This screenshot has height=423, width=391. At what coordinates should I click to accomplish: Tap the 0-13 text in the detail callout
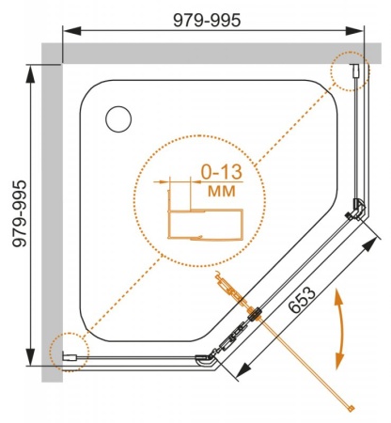222,172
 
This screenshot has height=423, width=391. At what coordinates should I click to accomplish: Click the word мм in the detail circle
222,191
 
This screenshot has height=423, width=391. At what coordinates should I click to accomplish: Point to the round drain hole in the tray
118,119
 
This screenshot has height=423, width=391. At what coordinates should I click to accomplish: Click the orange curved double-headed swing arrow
339,329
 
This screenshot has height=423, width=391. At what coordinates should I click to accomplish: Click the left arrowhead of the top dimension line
71,31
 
